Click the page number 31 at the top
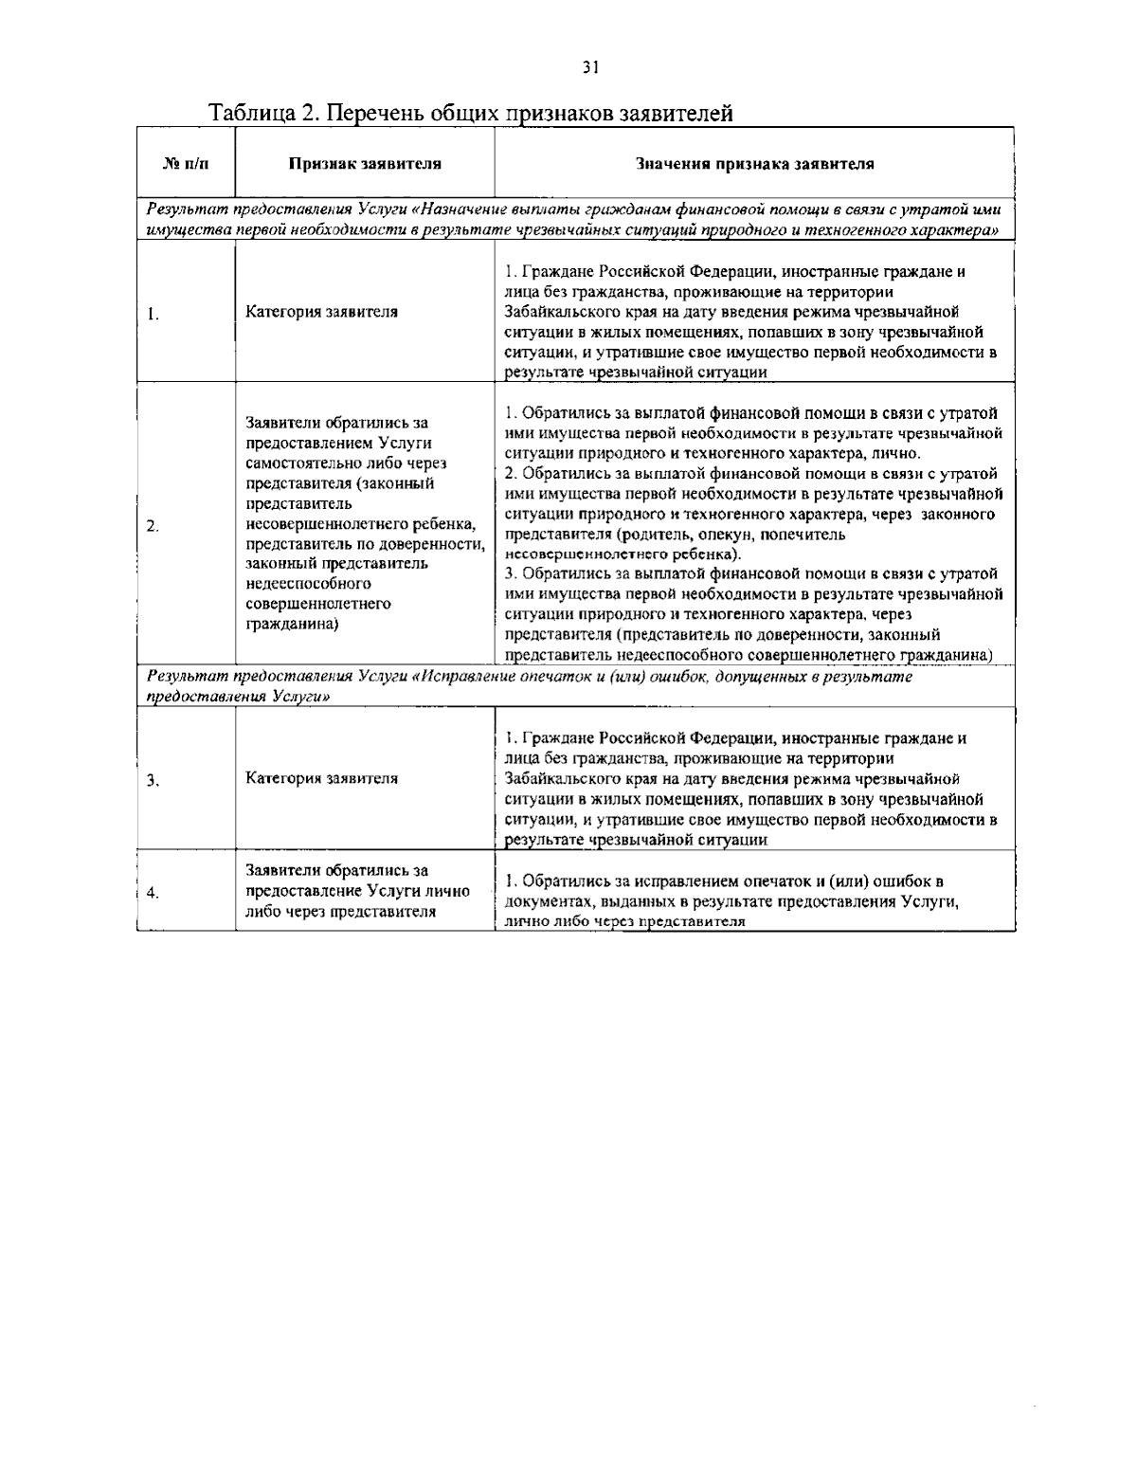pyautogui.click(x=590, y=66)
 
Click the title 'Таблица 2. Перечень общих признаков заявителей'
pyautogui.click(x=471, y=114)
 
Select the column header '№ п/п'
pyautogui.click(x=186, y=163)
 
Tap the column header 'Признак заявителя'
pyautogui.click(x=365, y=163)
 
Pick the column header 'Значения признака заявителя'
pyautogui.click(x=755, y=163)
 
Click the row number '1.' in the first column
pyautogui.click(x=152, y=312)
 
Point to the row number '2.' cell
pyautogui.click(x=152, y=526)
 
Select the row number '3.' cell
pyautogui.click(x=152, y=780)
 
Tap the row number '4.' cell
pyautogui.click(x=152, y=892)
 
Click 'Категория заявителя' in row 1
pyautogui.click(x=321, y=312)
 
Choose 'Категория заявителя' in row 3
pyautogui.click(x=321, y=779)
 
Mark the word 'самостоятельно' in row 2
pyautogui.click(x=298, y=463)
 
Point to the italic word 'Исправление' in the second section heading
pyautogui.click(x=470, y=677)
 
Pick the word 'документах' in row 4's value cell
pyautogui.click(x=543, y=901)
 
